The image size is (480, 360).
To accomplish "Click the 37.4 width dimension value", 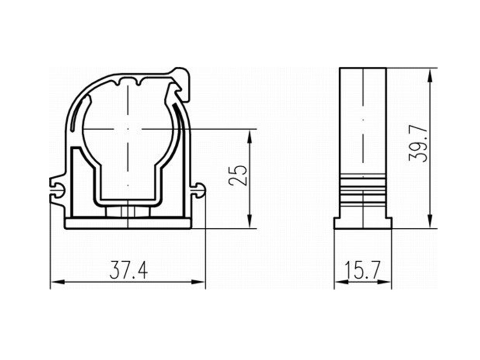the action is [128, 270].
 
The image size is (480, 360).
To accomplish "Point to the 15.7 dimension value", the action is [363, 270].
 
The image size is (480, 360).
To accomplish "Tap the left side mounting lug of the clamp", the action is [57, 190].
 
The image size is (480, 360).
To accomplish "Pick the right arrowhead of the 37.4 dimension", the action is [199, 282].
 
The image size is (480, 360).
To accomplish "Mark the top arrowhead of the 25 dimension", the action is [249, 136].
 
